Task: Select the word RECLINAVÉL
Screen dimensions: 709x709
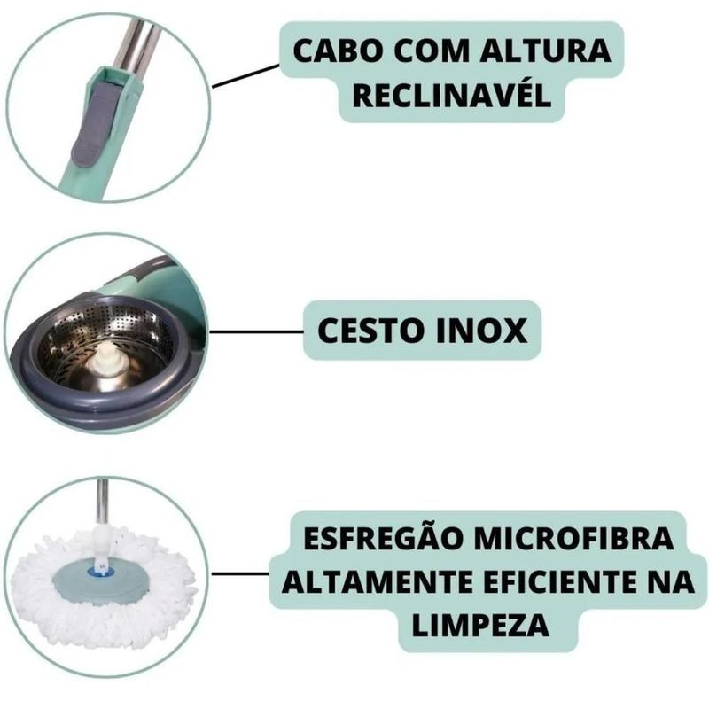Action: coord(452,95)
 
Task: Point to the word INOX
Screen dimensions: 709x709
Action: coord(485,331)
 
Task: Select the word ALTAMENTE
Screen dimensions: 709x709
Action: coord(376,582)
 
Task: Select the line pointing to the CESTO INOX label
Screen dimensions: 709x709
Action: coord(256,332)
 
